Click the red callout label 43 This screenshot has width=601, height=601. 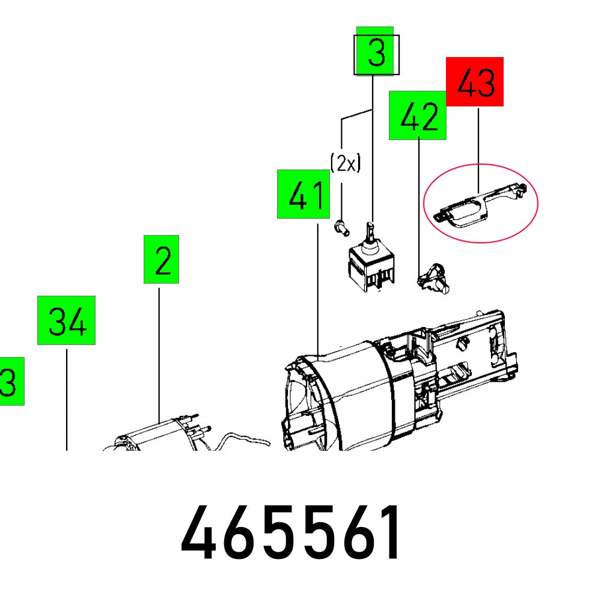point(474,82)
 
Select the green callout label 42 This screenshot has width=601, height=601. point(418,115)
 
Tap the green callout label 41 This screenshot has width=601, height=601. point(304,194)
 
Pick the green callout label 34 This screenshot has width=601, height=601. point(66,320)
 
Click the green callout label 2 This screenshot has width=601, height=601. point(161,259)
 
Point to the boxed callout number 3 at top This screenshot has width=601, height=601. point(376,53)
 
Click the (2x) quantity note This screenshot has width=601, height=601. point(345,163)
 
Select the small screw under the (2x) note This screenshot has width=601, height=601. point(341,227)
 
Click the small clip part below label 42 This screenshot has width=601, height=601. point(433,280)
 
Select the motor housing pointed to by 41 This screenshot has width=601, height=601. point(385,391)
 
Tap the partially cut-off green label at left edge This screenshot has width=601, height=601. point(11,381)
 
